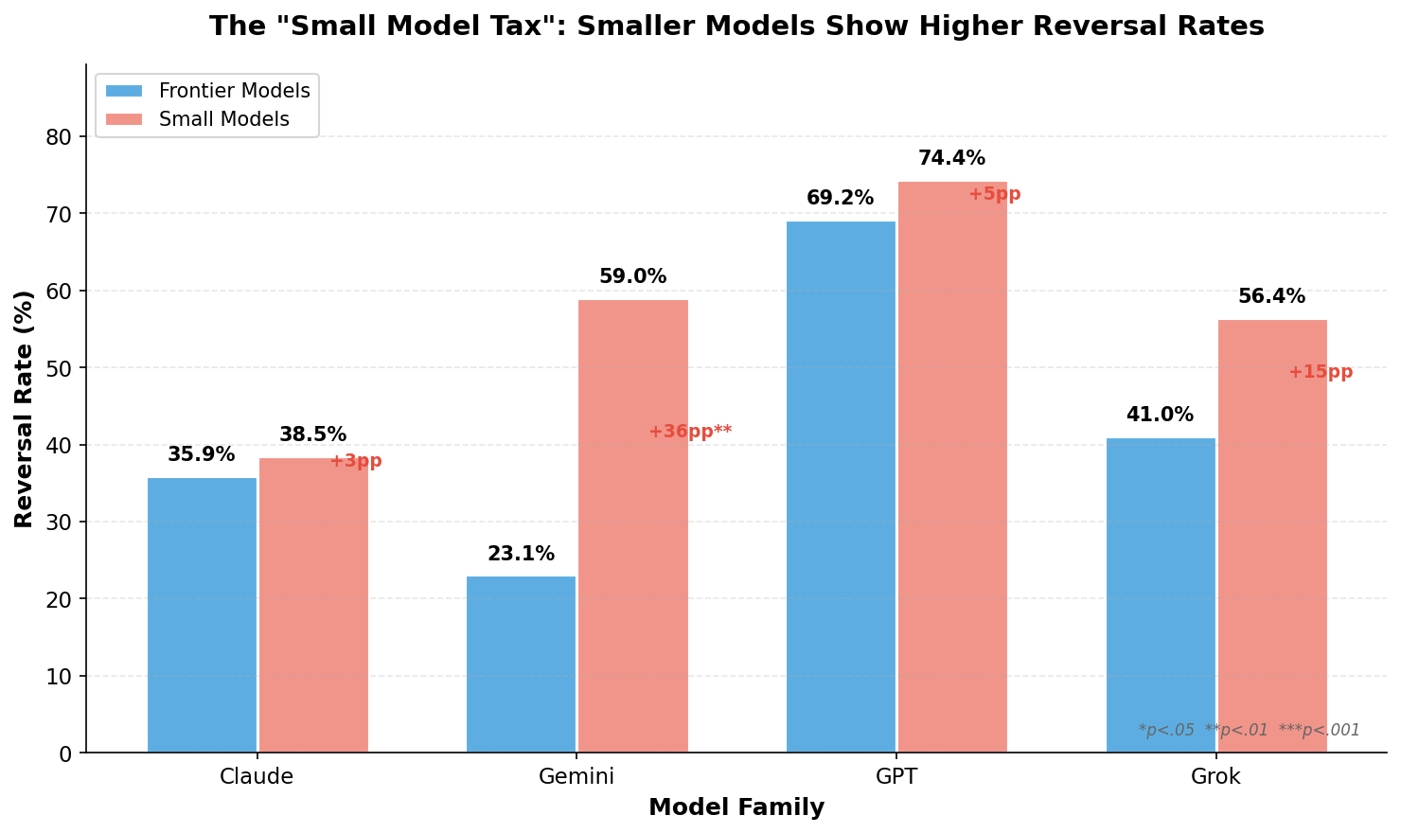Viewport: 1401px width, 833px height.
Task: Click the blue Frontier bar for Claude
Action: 202,615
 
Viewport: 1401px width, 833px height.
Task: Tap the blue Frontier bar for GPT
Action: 841,487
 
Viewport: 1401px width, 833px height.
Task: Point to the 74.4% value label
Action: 951,159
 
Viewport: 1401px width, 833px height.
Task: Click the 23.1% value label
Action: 521,555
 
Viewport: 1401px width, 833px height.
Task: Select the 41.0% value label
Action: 1160,416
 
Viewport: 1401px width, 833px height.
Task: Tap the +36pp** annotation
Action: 690,432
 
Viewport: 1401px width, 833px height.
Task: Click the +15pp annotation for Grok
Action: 1321,372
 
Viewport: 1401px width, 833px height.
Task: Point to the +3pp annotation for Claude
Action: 356,461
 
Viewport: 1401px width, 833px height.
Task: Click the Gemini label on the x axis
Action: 576,777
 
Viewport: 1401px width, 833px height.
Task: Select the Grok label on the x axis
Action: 1215,777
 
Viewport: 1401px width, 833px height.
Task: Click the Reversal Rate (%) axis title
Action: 25,409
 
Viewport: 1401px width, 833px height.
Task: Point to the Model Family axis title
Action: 736,807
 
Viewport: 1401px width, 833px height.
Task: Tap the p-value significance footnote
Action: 1249,730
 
